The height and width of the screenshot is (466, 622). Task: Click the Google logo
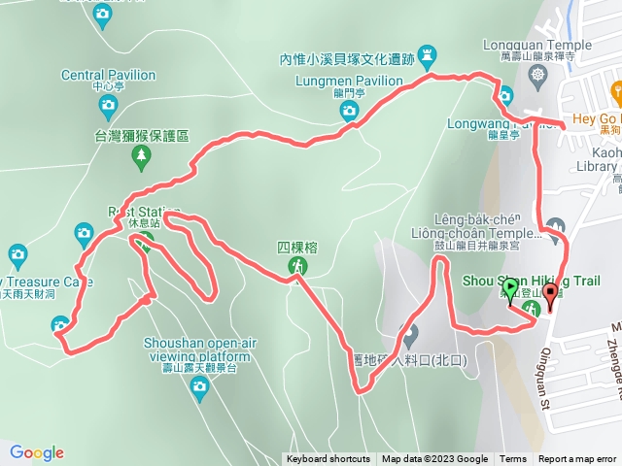pos(37,452)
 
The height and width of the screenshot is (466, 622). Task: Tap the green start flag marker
pos(512,289)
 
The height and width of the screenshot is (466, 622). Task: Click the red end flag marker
pos(551,295)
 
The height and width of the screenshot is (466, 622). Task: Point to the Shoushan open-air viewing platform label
pos(197,349)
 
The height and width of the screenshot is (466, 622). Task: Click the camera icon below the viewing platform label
pos(200,389)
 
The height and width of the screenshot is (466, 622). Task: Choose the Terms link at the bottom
pos(513,459)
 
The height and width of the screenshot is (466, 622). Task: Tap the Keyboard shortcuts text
pos(328,459)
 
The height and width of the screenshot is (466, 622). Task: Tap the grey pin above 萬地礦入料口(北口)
pos(409,336)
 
